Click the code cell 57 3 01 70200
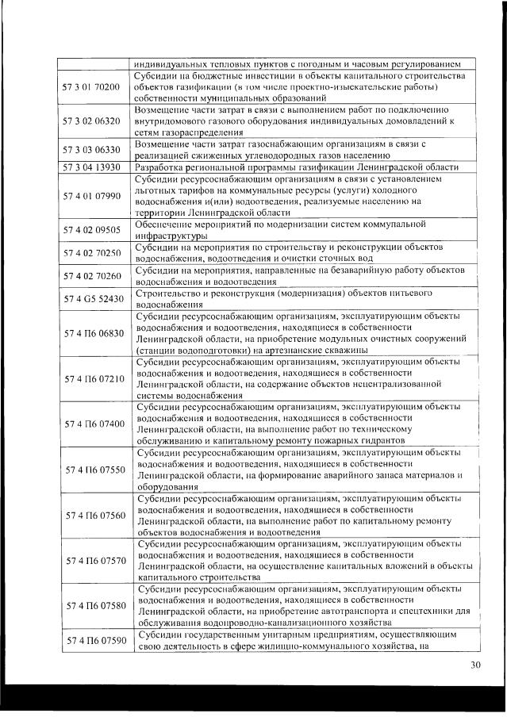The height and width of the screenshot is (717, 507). (90, 86)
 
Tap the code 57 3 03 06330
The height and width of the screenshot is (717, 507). (90, 149)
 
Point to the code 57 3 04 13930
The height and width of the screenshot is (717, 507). (90, 167)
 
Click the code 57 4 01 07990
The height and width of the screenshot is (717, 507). (90, 195)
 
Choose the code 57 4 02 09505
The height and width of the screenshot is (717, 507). (90, 229)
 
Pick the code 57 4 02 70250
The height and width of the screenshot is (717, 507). (90, 253)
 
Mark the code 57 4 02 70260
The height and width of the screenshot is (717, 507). (90, 276)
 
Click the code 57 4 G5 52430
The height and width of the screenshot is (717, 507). (90, 298)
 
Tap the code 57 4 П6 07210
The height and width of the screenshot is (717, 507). (90, 378)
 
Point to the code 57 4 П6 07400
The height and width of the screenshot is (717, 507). (90, 424)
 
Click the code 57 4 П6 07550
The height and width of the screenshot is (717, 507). (90, 470)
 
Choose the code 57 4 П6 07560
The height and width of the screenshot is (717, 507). (90, 515)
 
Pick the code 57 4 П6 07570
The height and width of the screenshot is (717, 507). (90, 561)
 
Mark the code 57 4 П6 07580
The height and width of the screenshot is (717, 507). (90, 606)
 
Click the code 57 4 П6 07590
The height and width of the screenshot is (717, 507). (90, 640)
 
